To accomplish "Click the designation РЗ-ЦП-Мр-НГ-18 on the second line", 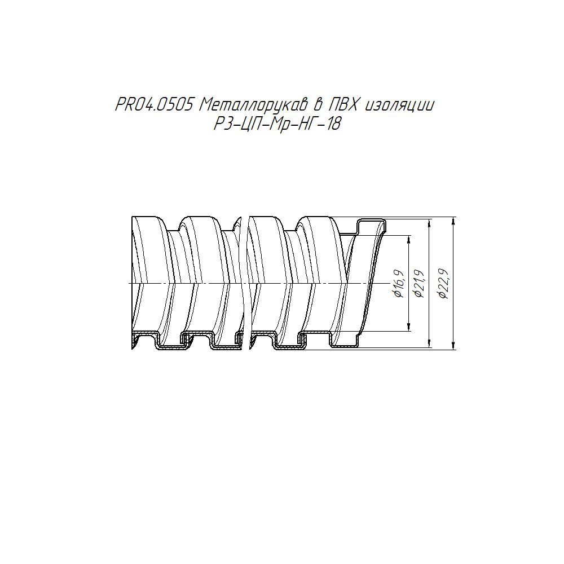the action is pyautogui.click(x=277, y=125).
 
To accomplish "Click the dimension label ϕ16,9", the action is pyautogui.click(x=400, y=284).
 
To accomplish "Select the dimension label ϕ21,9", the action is pyautogui.click(x=420, y=284).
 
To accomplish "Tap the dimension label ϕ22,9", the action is pyautogui.click(x=443, y=284).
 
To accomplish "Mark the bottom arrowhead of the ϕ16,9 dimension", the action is pyautogui.click(x=409, y=327).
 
